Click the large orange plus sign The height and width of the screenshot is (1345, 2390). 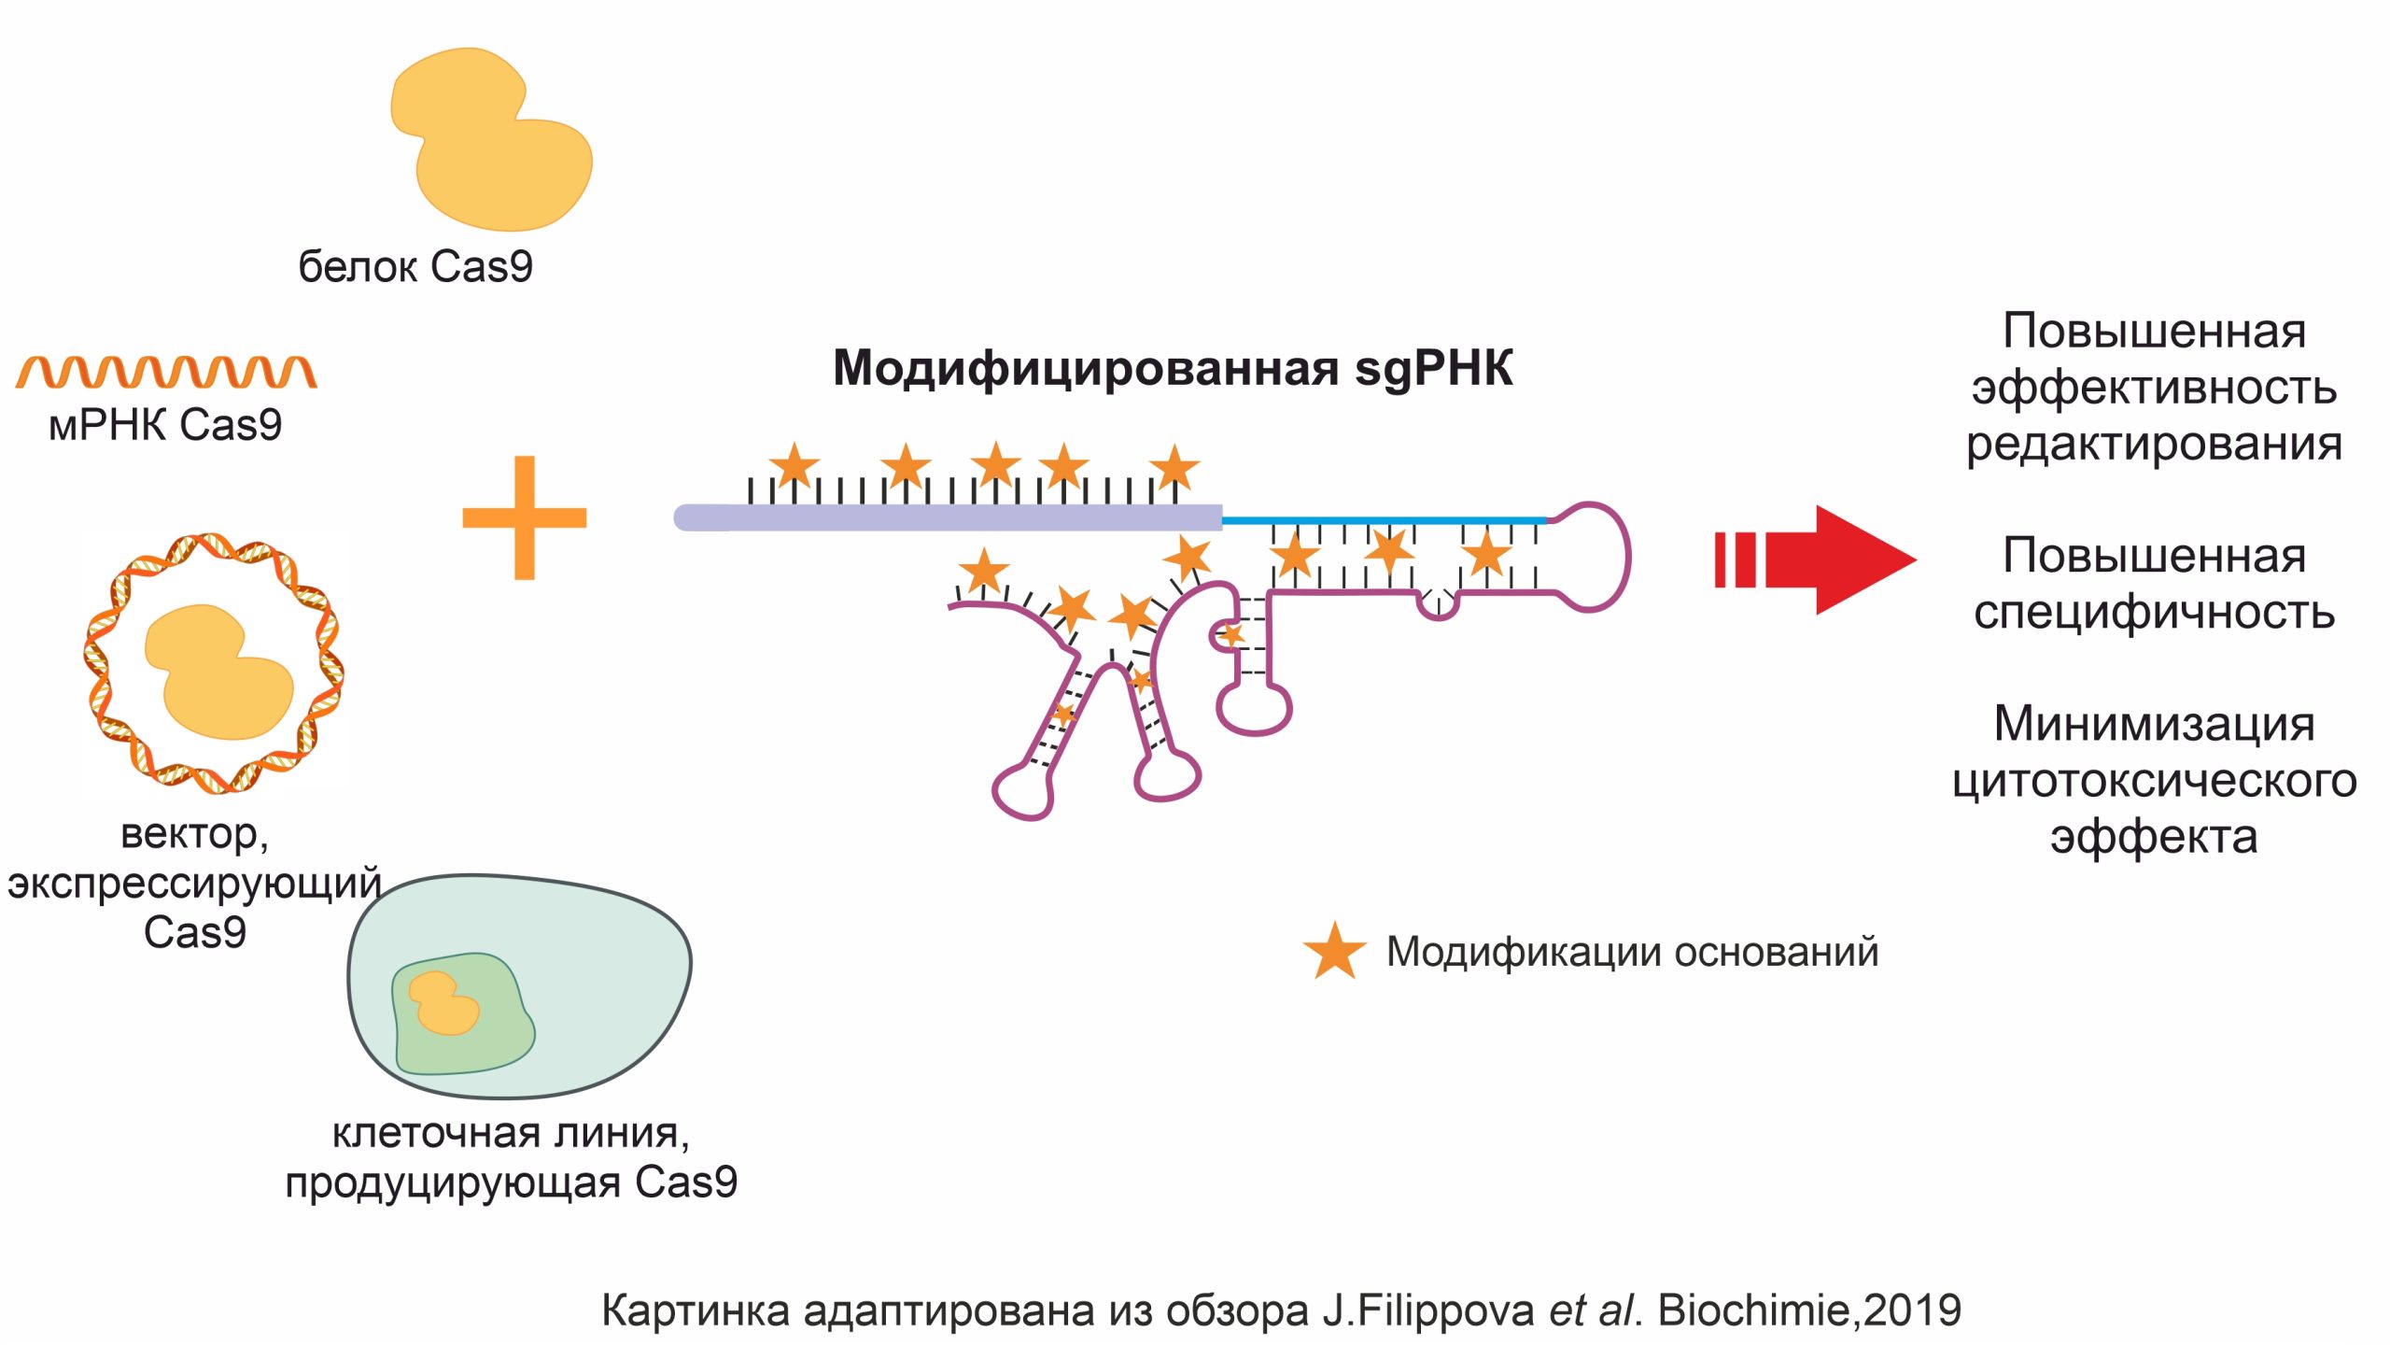(x=524, y=517)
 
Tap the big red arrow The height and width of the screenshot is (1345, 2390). (x=1830, y=559)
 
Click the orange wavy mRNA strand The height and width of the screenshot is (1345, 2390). (x=166, y=373)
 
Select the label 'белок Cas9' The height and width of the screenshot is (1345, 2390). (x=415, y=267)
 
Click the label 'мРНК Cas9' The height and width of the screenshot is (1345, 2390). (x=165, y=425)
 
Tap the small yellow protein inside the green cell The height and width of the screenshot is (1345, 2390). (x=444, y=1003)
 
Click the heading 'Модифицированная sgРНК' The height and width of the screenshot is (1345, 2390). (x=1172, y=367)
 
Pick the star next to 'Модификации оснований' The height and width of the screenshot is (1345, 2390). (x=1334, y=952)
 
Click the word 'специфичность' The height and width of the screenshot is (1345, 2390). (x=2154, y=613)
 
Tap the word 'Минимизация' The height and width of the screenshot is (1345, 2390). (x=2154, y=724)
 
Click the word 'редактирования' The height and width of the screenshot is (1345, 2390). (x=2154, y=445)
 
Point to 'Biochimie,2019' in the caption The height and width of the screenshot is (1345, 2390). (x=1809, y=1310)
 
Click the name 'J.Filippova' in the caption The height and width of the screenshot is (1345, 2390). (x=1428, y=1310)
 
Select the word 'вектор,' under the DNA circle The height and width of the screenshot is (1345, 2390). (x=194, y=833)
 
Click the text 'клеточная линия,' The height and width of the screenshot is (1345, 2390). (x=511, y=1133)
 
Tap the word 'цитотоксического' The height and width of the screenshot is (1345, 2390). (x=2154, y=780)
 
